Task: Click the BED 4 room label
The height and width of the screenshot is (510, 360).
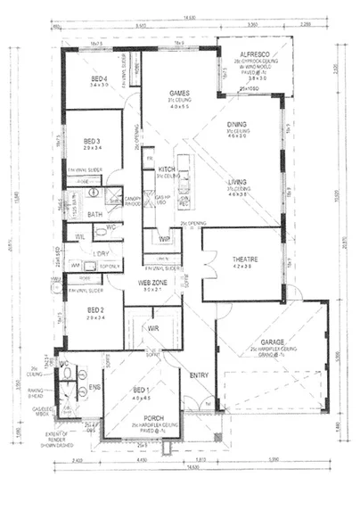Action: pos(98,79)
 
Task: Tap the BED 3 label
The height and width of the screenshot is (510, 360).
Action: pos(91,141)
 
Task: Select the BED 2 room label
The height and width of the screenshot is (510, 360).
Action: pos(96,309)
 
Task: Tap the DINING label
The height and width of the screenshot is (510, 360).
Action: pos(237,126)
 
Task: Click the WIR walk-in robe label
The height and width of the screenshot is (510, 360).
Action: pos(152,327)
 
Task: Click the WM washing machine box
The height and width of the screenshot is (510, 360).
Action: pos(75,265)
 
